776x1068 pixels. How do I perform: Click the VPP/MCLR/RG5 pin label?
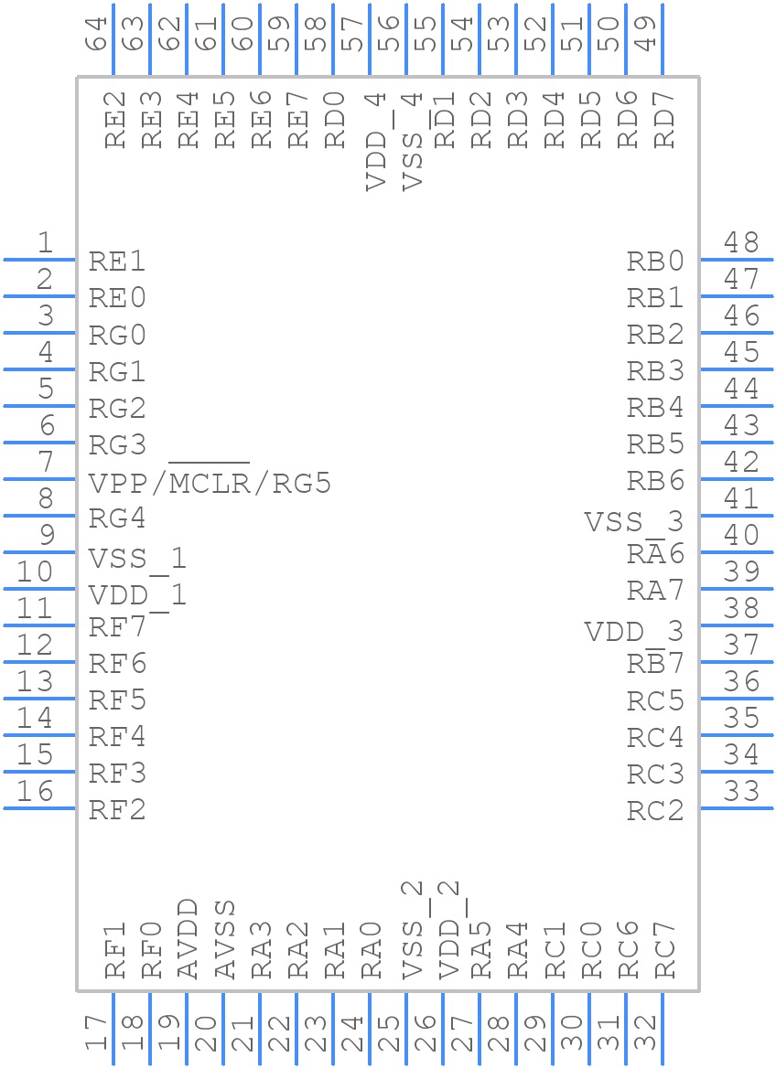pyautogui.click(x=209, y=482)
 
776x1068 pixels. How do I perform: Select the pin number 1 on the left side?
pyautogui.click(x=45, y=243)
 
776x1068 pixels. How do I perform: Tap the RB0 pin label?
pyautogui.click(x=655, y=262)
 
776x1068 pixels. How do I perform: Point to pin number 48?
pyautogui.click(x=741, y=243)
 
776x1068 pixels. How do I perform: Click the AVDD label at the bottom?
pyautogui.click(x=188, y=938)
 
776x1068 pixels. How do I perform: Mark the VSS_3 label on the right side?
pyautogui.click(x=633, y=522)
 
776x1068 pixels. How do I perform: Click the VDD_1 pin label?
pyautogui.click(x=137, y=596)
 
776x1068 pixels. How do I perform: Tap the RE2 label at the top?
pyautogui.click(x=114, y=120)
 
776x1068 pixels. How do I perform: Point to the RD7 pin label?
pyautogui.click(x=664, y=120)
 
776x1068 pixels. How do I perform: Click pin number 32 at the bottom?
pyautogui.click(x=646, y=1033)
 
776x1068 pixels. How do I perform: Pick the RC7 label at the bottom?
pyautogui.click(x=664, y=950)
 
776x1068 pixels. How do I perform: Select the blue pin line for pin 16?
pyautogui.click(x=39, y=807)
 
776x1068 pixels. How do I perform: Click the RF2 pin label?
pyautogui.click(x=117, y=810)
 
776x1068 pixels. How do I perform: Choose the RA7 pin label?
pyautogui.click(x=655, y=591)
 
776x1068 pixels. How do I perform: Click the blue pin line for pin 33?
pyautogui.click(x=737, y=807)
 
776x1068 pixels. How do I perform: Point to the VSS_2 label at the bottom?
pyautogui.click(x=413, y=929)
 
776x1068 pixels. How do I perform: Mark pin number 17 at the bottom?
pyautogui.click(x=97, y=1033)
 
